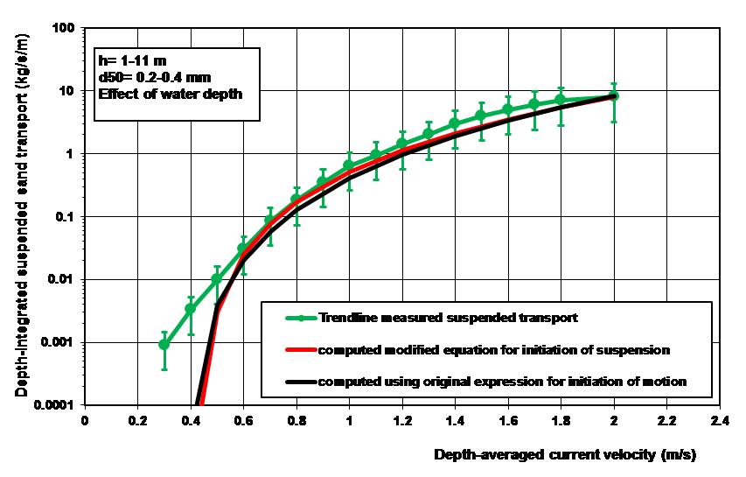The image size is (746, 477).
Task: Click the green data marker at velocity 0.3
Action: (x=164, y=344)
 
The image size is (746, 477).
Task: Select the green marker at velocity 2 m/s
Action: (x=614, y=95)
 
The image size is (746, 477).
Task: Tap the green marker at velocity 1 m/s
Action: (x=349, y=165)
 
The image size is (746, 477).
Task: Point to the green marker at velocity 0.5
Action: (x=217, y=279)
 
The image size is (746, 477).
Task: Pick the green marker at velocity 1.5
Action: (x=481, y=116)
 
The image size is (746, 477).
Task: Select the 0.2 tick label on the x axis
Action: (x=137, y=419)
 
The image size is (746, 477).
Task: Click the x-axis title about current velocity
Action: (x=565, y=455)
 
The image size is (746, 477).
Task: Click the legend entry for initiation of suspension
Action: (x=494, y=349)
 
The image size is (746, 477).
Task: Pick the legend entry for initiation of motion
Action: (x=503, y=381)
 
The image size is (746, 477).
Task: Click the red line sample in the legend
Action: (x=294, y=349)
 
